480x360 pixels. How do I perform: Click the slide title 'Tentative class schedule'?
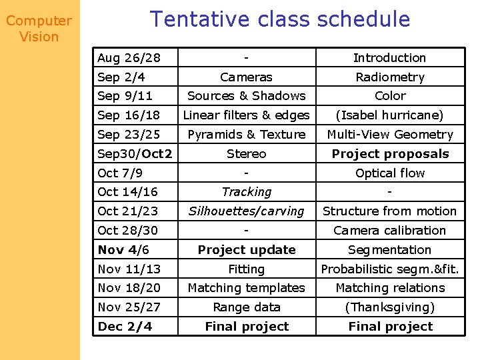(x=280, y=19)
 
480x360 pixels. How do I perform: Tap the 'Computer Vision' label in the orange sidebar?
(x=39, y=29)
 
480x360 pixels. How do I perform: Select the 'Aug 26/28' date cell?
(x=129, y=58)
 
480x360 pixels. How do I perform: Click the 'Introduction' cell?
(x=389, y=58)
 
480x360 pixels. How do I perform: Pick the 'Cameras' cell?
(x=246, y=77)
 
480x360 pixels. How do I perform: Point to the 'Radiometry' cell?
(x=389, y=77)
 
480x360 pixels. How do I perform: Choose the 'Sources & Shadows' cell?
(x=246, y=96)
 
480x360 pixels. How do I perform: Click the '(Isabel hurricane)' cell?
(x=389, y=115)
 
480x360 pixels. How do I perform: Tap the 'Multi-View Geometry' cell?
(x=389, y=135)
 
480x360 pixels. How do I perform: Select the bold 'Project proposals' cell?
(x=389, y=154)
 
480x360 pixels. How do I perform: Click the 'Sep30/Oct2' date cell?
(x=135, y=154)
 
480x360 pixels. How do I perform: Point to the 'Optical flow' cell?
(x=389, y=173)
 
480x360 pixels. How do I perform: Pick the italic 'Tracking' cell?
(x=246, y=192)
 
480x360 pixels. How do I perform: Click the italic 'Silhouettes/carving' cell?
(x=246, y=211)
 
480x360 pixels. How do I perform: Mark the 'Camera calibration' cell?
(x=389, y=231)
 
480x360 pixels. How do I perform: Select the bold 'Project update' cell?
(x=246, y=250)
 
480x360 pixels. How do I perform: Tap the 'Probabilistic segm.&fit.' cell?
(x=389, y=269)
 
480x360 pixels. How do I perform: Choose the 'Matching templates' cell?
(x=246, y=288)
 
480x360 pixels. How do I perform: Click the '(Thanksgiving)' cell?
(x=389, y=307)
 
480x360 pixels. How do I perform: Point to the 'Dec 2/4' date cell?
(x=125, y=327)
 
